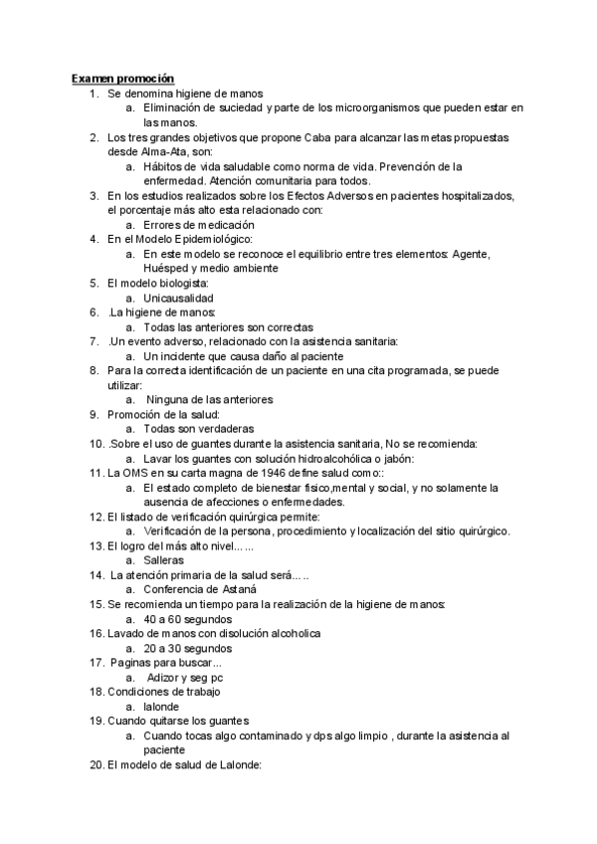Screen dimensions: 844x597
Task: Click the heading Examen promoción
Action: coord(122,78)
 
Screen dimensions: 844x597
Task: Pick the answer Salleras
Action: coord(164,560)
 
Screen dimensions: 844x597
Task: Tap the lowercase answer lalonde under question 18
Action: coord(162,707)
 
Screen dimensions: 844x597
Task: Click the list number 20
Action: coord(97,765)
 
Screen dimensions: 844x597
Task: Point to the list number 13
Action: coord(97,546)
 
